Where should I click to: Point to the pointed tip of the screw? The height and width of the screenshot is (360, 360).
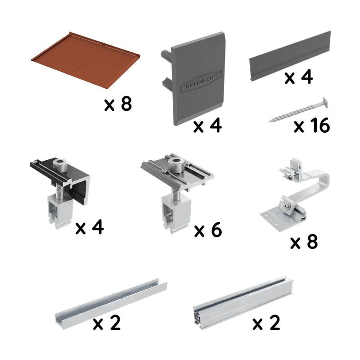270,121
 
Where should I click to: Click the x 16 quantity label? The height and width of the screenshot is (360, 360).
311,126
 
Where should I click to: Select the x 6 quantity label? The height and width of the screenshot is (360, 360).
208,230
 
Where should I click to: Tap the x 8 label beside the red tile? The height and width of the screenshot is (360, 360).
117,104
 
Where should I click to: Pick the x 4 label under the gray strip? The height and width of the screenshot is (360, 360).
299,77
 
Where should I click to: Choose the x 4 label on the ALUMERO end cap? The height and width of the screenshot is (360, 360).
207,126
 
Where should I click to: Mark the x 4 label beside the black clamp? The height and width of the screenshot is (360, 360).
90,228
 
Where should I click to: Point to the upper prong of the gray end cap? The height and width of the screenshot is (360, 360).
165,56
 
